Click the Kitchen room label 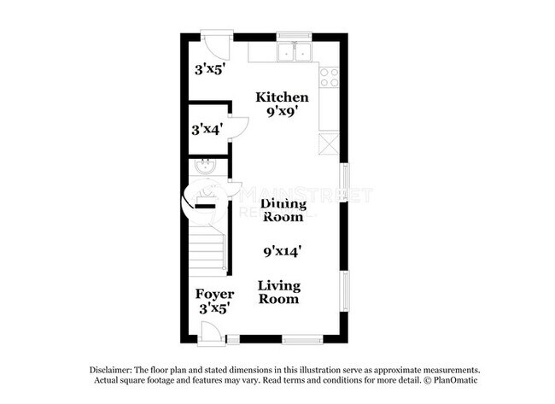tap(283, 97)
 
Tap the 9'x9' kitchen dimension tap(283, 111)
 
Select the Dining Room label tap(283, 210)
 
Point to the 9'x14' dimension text tap(283, 251)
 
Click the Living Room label tap(279, 292)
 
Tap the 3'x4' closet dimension tap(206, 129)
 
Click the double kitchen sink tap(295, 53)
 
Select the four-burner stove tap(328, 77)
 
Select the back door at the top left tap(214, 43)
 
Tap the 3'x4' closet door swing tap(238, 126)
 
